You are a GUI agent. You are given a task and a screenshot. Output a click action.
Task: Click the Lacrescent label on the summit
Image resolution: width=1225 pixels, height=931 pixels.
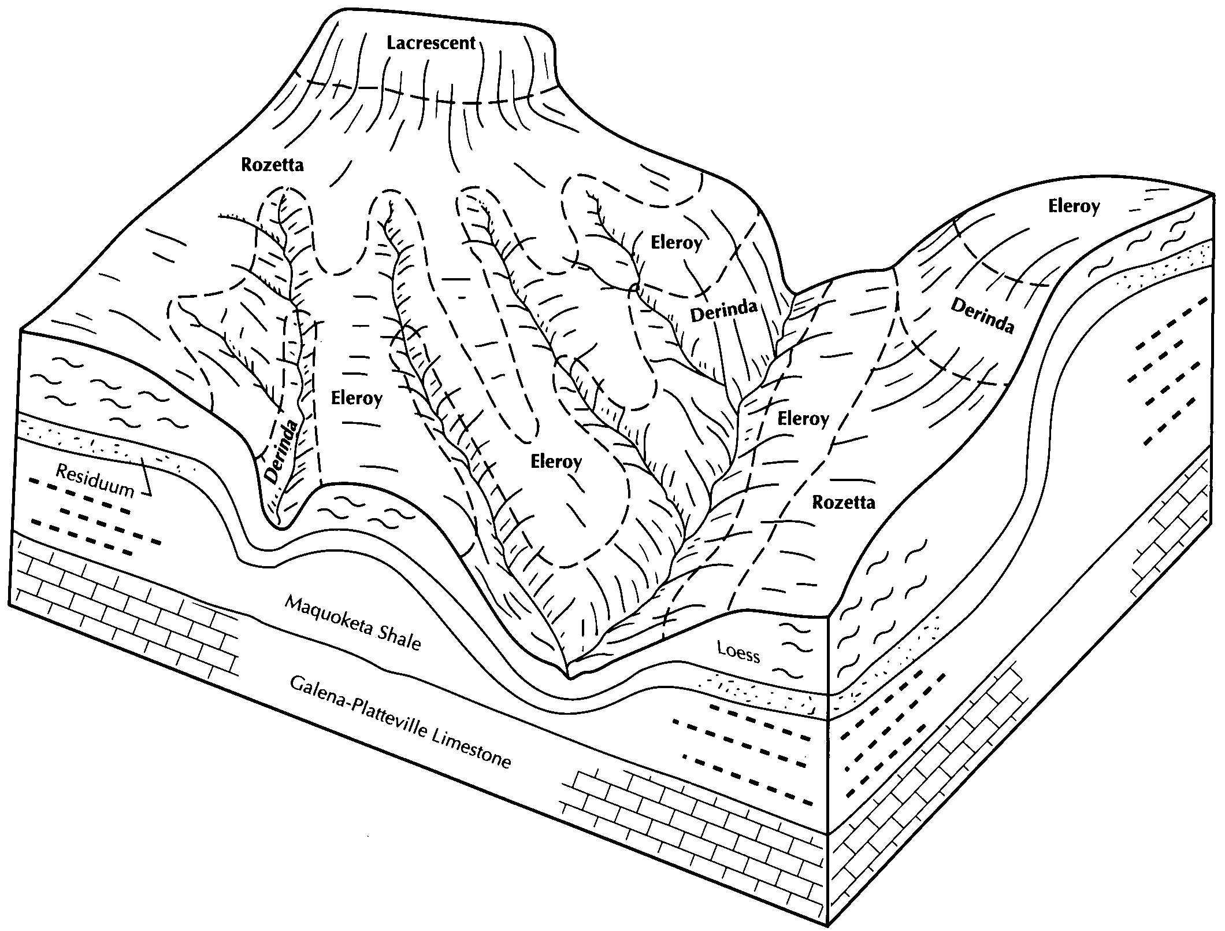(x=431, y=43)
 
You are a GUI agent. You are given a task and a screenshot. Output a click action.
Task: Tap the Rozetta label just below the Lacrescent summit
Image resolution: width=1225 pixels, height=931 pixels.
(x=272, y=165)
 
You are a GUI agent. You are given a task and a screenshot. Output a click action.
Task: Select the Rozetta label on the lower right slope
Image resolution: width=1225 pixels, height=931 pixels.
(x=844, y=502)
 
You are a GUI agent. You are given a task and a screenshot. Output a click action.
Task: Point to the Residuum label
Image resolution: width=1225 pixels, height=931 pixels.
(x=95, y=481)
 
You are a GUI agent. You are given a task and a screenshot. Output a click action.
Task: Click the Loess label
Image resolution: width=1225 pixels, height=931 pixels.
(x=738, y=652)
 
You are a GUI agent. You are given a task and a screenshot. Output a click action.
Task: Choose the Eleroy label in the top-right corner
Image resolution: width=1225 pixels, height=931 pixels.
(x=1074, y=206)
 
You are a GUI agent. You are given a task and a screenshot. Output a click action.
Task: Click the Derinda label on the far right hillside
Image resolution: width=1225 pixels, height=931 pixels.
(x=982, y=316)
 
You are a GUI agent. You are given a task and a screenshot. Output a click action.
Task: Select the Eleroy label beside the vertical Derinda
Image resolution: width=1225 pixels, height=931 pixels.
(x=357, y=398)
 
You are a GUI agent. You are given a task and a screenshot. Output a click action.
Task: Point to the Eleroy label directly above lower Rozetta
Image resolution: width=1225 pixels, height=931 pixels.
(x=803, y=418)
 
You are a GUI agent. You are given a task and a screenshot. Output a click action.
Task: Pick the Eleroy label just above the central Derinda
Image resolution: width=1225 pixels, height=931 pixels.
(x=676, y=242)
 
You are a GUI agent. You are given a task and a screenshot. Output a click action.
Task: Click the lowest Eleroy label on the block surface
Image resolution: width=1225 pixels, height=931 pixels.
(x=556, y=461)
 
